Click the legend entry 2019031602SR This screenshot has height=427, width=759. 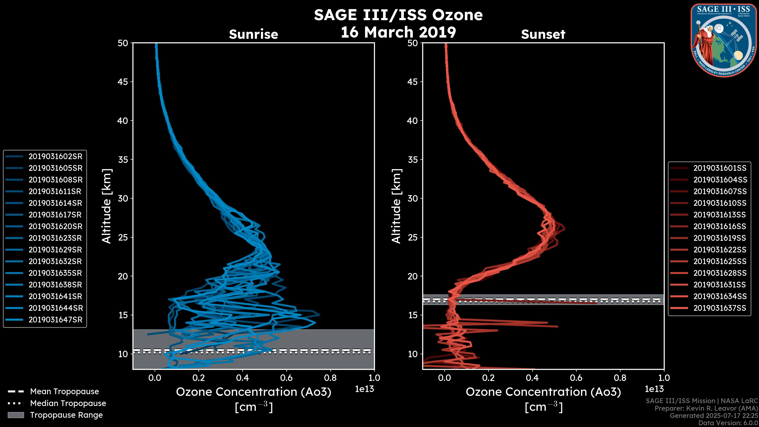(x=55, y=157)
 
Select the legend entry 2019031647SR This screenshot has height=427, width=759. (x=55, y=320)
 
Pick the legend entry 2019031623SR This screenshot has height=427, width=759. (x=55, y=238)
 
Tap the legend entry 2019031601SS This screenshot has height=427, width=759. (x=720, y=168)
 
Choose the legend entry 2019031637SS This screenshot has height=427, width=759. (x=720, y=308)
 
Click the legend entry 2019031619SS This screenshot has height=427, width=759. (x=720, y=238)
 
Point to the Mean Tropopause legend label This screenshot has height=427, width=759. (x=64, y=392)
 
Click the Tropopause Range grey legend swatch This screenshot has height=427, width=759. (x=16, y=415)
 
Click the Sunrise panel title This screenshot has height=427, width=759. (x=253, y=34)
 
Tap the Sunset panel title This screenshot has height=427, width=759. (x=543, y=34)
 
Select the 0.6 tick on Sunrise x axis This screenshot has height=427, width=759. (x=286, y=378)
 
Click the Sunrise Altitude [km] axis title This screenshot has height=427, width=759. (x=107, y=206)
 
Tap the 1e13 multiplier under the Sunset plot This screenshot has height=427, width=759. (x=654, y=389)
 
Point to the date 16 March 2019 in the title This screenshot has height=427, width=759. (x=398, y=32)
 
